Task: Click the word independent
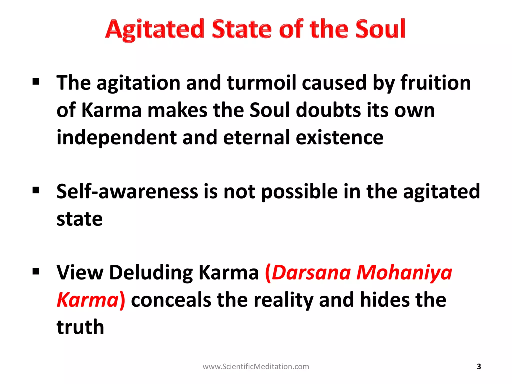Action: tap(116, 138)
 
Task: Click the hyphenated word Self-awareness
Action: tap(127, 191)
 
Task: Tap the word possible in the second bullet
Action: tap(299, 192)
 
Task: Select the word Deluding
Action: tap(151, 273)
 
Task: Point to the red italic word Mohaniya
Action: tap(404, 273)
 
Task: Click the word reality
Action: tap(283, 300)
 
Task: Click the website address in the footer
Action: tap(256, 366)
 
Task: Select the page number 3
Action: tap(479, 366)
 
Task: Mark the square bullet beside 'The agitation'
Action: tap(36, 81)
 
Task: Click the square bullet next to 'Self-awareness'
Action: tap(36, 190)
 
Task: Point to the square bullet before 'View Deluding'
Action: tap(36, 271)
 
